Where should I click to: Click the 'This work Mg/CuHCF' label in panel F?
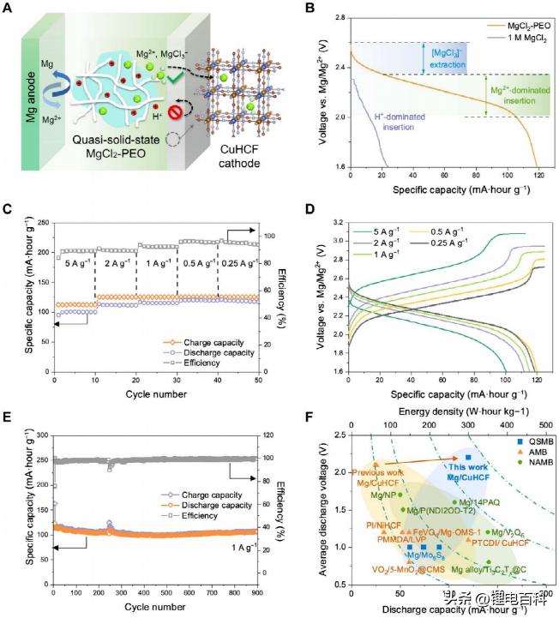point(467,461)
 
